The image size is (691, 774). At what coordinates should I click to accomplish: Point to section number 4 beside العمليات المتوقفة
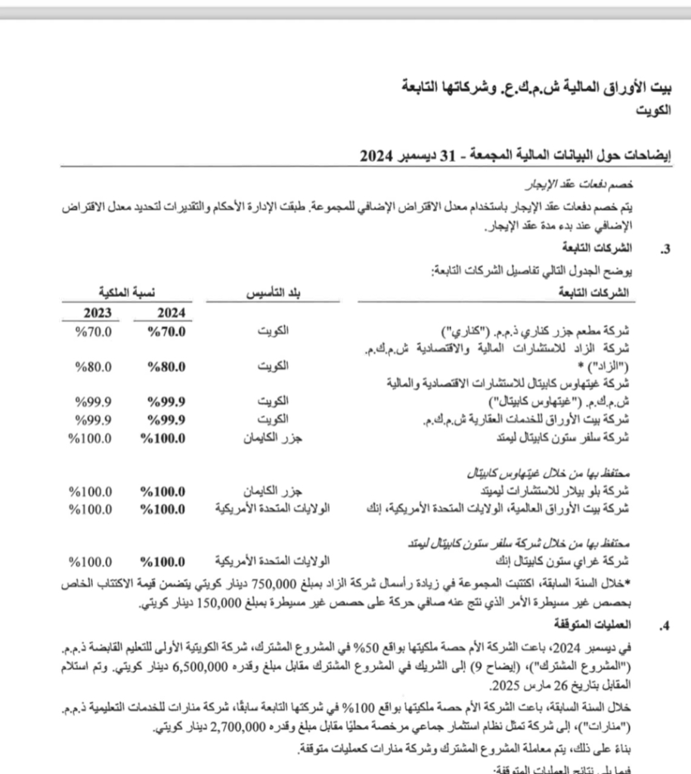tap(665, 625)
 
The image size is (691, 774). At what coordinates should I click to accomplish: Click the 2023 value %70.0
tap(94, 331)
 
